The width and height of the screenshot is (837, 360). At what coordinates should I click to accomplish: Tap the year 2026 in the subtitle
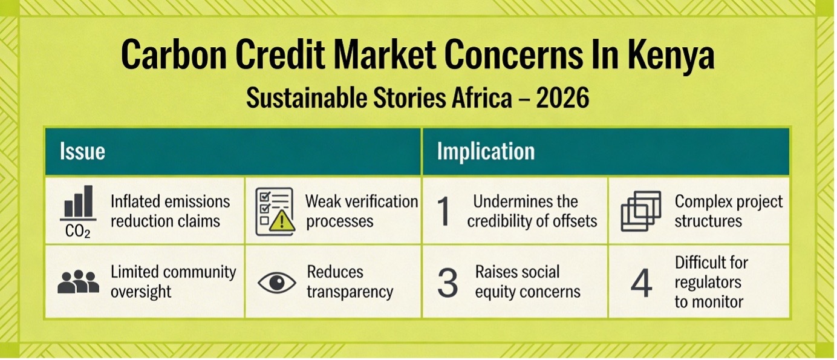click(562, 97)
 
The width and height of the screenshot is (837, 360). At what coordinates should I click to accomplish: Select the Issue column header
click(82, 151)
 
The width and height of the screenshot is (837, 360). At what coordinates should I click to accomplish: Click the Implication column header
click(486, 151)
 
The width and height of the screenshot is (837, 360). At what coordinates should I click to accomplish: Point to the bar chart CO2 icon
click(78, 212)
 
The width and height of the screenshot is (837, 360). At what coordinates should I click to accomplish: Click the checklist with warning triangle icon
click(275, 212)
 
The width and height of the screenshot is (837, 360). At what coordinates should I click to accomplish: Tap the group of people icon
click(79, 281)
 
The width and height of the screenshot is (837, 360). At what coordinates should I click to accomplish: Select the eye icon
click(276, 282)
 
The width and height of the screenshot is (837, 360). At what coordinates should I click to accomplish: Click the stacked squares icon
click(641, 211)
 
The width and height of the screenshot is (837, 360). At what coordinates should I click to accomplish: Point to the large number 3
click(448, 283)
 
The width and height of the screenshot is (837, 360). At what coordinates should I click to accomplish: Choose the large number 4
click(641, 283)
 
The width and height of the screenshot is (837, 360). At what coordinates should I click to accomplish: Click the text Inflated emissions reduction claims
click(170, 211)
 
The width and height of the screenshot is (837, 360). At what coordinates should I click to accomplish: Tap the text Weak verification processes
click(362, 211)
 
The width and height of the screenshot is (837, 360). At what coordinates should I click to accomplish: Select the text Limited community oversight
click(174, 281)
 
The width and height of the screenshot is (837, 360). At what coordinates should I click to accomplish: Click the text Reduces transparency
click(350, 281)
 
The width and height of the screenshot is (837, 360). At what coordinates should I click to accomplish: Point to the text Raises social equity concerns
click(527, 281)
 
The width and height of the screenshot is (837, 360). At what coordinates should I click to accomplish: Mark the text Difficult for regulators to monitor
click(711, 282)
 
